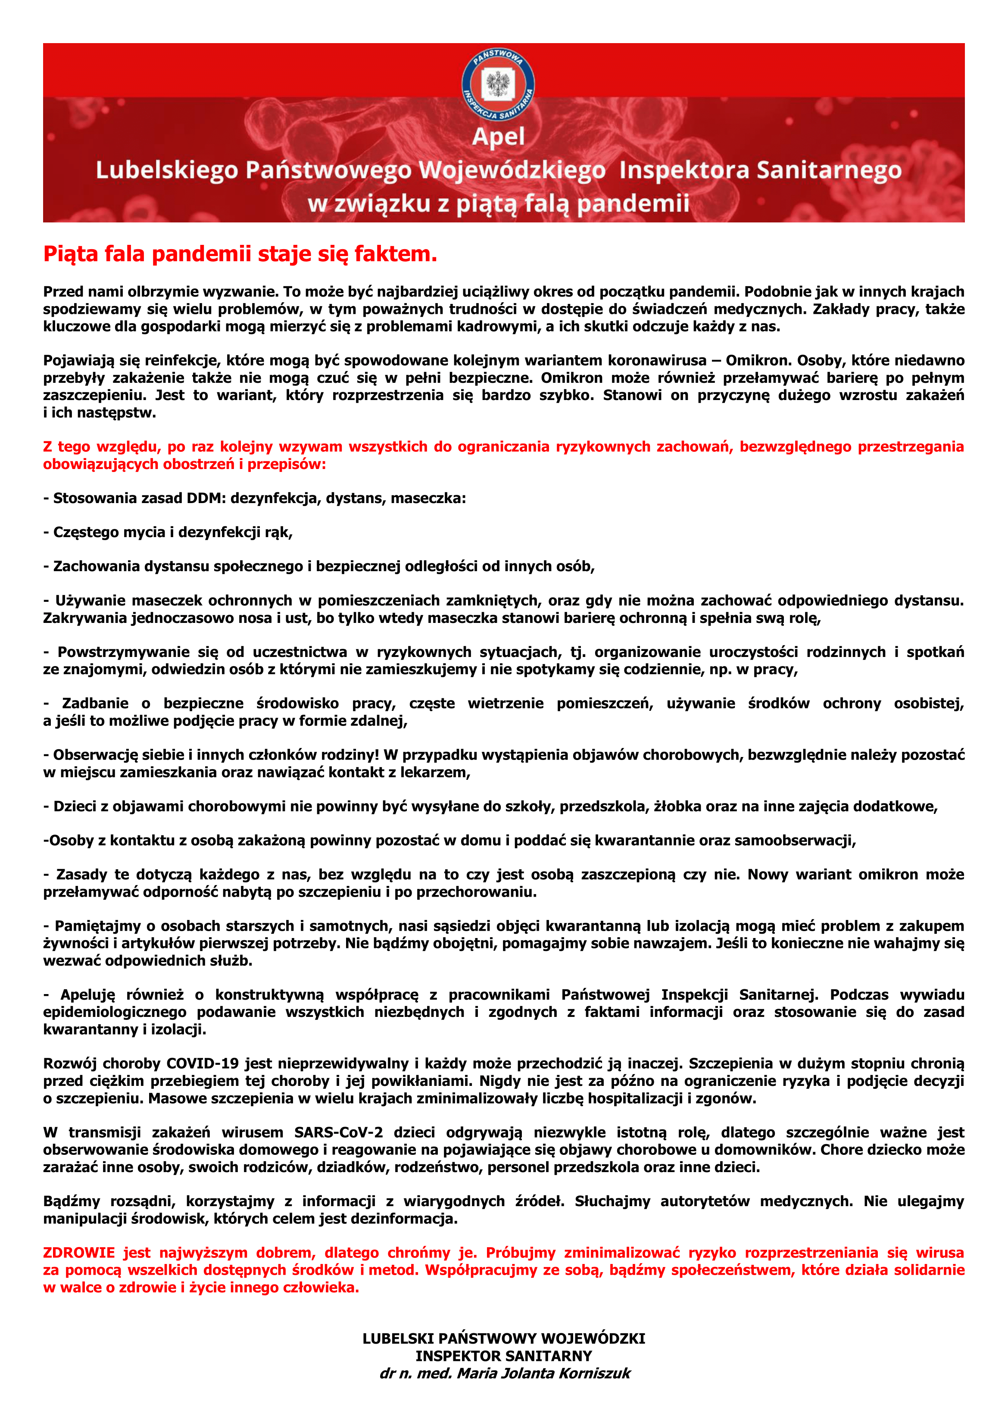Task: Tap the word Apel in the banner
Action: tap(498, 137)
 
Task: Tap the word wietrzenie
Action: tap(505, 704)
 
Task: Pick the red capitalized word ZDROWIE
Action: tap(79, 1253)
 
